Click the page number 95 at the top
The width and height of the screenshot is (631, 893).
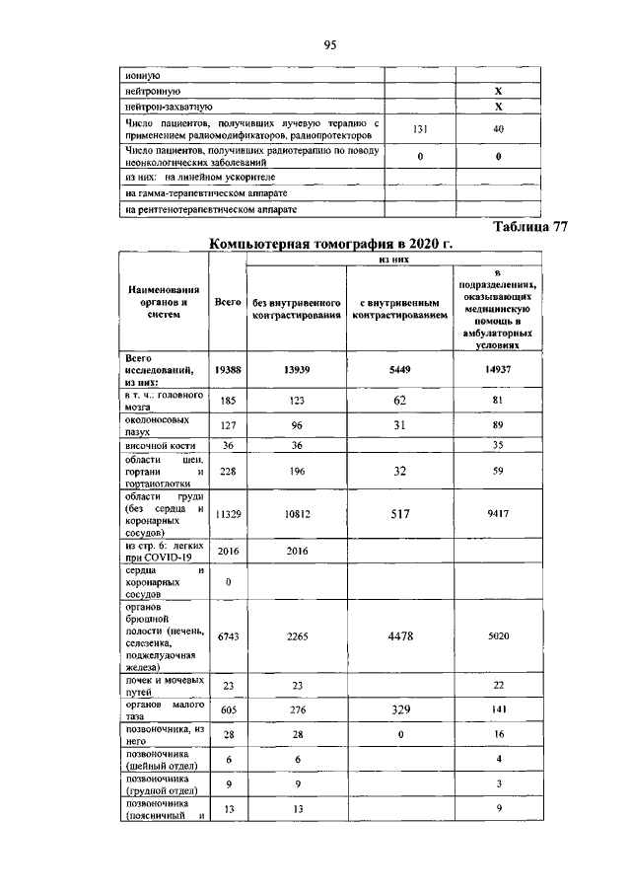(x=330, y=44)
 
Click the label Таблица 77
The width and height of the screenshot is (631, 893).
(x=530, y=227)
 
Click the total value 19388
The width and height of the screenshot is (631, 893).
(x=228, y=368)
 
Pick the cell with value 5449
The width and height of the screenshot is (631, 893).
(x=399, y=368)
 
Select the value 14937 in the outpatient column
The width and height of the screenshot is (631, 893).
(x=498, y=368)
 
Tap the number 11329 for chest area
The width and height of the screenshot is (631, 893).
(x=228, y=513)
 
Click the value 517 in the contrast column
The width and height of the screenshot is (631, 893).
(x=399, y=513)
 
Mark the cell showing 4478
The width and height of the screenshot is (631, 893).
(x=399, y=636)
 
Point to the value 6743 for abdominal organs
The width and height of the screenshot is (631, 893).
(x=228, y=637)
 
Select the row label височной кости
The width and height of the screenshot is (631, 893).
(x=153, y=446)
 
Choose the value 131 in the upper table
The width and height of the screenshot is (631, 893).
(x=419, y=129)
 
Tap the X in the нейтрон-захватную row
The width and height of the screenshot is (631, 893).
(x=498, y=106)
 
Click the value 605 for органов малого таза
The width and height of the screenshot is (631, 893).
(x=228, y=707)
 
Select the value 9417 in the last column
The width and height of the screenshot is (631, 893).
(x=498, y=513)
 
